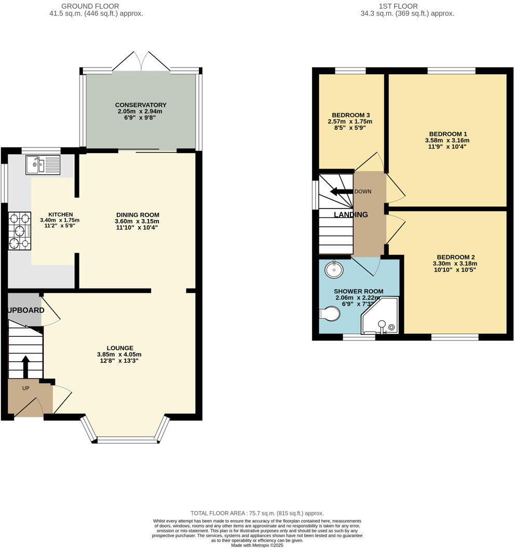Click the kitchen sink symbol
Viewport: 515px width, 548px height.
click(43, 165)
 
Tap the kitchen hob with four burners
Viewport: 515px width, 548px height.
click(20, 231)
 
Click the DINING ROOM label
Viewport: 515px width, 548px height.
click(137, 215)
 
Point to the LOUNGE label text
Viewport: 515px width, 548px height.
click(120, 348)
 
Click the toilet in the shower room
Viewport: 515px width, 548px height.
click(330, 313)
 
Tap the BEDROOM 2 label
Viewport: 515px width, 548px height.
click(455, 257)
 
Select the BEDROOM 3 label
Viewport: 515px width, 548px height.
click(350, 115)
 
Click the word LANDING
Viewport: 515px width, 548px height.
click(351, 214)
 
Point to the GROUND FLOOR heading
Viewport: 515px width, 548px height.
click(90, 6)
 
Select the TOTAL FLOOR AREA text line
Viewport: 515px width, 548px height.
click(257, 513)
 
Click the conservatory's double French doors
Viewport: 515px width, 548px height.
click(141, 61)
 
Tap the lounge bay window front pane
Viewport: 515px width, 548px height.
click(127, 440)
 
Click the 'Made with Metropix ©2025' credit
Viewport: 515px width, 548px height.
click(257, 545)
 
